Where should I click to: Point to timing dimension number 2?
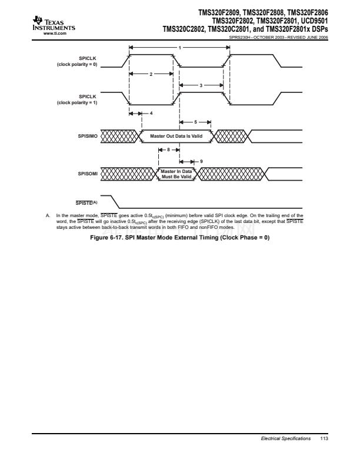pyautogui.click(x=151, y=74)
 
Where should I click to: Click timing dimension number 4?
pyautogui.click(x=151, y=113)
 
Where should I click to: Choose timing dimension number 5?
pyautogui.click(x=196, y=122)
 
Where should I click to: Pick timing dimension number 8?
pyautogui.click(x=169, y=150)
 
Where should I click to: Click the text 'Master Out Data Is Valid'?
pyautogui.click(x=176, y=137)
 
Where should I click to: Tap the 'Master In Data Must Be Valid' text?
pyautogui.click(x=176, y=174)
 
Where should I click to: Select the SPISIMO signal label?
pyautogui.click(x=86, y=137)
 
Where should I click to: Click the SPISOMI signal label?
pyautogui.click(x=86, y=174)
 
